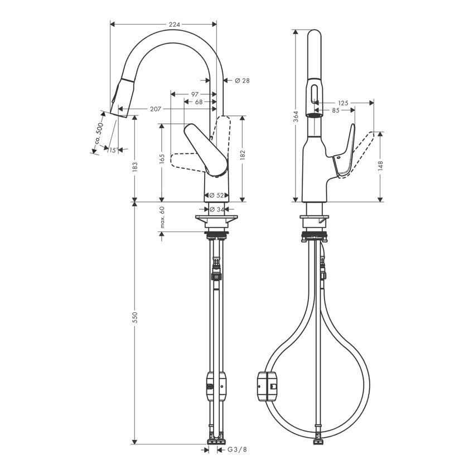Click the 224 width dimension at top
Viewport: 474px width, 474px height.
pos(175,24)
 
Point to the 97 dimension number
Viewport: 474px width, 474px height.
pos(195,94)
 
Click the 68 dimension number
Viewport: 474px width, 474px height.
pos(199,101)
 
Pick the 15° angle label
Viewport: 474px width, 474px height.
pos(113,150)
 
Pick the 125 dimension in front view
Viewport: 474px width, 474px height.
pos(343,103)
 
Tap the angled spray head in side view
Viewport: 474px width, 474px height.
pos(123,98)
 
